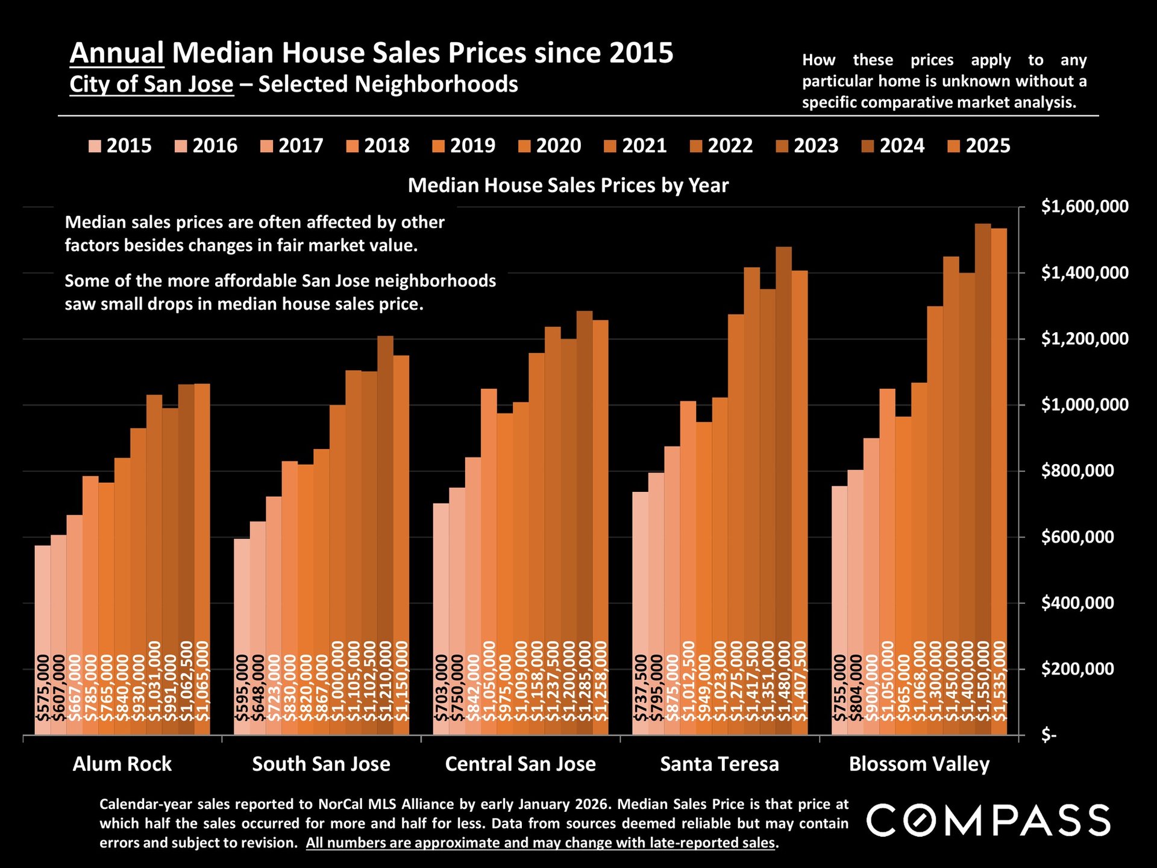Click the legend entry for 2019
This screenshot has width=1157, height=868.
[x=464, y=146]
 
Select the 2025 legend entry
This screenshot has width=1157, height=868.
[x=979, y=146]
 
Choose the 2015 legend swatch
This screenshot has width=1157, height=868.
[x=95, y=146]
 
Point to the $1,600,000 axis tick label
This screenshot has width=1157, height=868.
[x=1076, y=207]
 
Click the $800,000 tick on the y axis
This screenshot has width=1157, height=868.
[x=1076, y=471]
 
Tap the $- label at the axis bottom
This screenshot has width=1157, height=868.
[x=1049, y=735]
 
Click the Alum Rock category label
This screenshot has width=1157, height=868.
[x=122, y=764]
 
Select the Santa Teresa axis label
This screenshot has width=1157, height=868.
[x=720, y=764]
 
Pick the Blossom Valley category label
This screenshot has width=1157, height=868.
[x=919, y=764]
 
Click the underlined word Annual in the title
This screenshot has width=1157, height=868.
[x=117, y=53]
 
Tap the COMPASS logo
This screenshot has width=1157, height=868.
[x=988, y=820]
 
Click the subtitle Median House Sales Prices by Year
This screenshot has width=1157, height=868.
[x=568, y=185]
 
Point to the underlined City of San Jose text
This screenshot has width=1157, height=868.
[x=151, y=84]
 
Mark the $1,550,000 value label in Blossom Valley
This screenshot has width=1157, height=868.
[x=983, y=681]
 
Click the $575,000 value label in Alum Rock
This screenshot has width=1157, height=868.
[x=43, y=688]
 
